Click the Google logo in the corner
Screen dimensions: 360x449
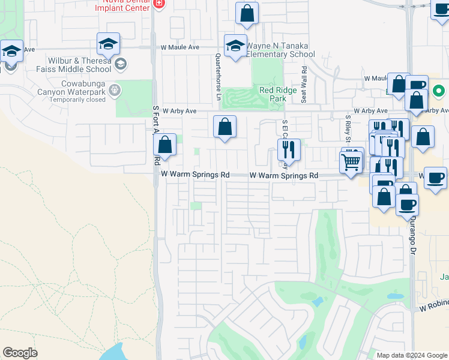click(20, 353)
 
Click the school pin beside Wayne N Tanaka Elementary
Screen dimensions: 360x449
click(236, 45)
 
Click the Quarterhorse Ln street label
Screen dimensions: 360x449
click(218, 72)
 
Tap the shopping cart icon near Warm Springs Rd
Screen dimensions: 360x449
click(351, 161)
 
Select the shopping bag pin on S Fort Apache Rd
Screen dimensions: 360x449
click(164, 145)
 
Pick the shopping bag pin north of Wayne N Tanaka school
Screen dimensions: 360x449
click(247, 13)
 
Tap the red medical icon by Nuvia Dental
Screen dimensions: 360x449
click(158, 4)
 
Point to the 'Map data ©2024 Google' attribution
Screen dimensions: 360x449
click(411, 355)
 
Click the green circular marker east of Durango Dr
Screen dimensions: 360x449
click(439, 92)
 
